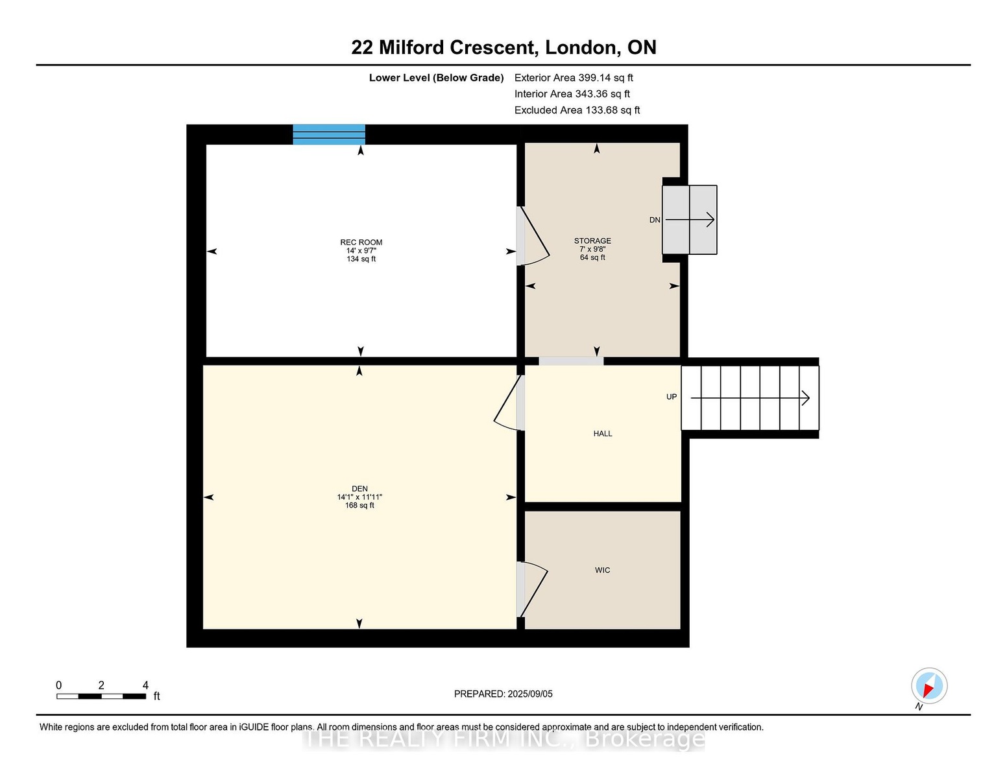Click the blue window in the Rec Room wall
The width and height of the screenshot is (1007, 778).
click(x=328, y=134)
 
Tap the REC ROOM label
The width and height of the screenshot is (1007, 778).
click(x=361, y=242)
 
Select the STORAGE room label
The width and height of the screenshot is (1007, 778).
click(x=592, y=241)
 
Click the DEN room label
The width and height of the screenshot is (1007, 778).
click(x=359, y=488)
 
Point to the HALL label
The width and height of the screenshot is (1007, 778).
click(x=602, y=434)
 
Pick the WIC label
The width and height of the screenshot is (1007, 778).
click(x=602, y=570)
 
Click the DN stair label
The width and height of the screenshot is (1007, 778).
click(x=654, y=220)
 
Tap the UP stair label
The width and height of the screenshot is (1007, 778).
click(x=671, y=397)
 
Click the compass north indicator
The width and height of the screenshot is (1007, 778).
click(x=928, y=686)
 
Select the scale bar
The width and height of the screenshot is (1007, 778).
click(x=101, y=696)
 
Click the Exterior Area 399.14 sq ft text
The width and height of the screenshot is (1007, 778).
click(x=574, y=78)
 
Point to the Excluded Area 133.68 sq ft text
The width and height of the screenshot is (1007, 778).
click(x=577, y=110)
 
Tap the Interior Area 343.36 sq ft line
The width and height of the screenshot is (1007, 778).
click(x=572, y=94)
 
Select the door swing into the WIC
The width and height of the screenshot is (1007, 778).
click(x=533, y=589)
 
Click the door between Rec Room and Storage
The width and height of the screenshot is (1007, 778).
click(x=533, y=236)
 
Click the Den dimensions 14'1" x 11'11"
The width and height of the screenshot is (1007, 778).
click(x=359, y=497)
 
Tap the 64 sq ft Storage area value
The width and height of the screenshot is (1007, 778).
click(x=592, y=257)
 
